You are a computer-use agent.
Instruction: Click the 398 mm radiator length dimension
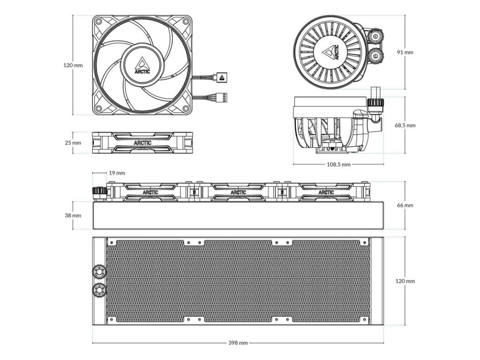pyautogui.click(x=238, y=343)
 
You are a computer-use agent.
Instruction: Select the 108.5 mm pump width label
pyautogui.click(x=338, y=165)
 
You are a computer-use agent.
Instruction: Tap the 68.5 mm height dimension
pyautogui.click(x=405, y=125)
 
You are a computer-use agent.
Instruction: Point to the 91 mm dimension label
pyautogui.click(x=405, y=52)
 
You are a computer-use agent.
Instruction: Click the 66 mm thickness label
pyautogui.click(x=405, y=205)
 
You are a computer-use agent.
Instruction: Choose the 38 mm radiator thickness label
pyautogui.click(x=73, y=216)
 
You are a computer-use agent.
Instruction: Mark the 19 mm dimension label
pyautogui.click(x=117, y=173)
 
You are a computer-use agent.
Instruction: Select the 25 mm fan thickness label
pyautogui.click(x=73, y=142)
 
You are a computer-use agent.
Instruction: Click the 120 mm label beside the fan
pyautogui.click(x=73, y=65)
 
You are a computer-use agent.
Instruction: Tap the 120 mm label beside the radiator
pyautogui.click(x=405, y=281)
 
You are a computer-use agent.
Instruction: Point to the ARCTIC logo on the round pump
pyautogui.click(x=333, y=52)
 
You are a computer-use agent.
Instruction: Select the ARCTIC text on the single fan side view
pyautogui.click(x=142, y=142)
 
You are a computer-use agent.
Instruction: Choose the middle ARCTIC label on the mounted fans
pyautogui.click(x=238, y=192)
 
